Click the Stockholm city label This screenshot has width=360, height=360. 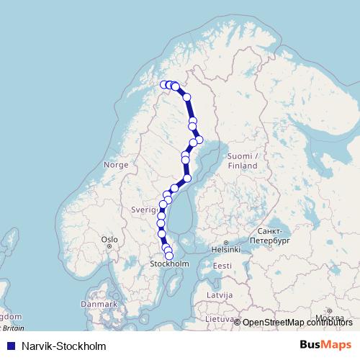point(169,264)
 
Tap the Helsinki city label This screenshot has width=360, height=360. point(225,251)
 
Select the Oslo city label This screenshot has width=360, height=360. point(109,239)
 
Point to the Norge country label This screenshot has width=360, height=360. point(116,164)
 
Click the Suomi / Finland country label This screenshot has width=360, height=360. point(242,161)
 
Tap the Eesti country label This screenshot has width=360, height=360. point(222,266)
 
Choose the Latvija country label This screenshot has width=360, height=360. point(220,295)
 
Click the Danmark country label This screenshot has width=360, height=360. point(99,304)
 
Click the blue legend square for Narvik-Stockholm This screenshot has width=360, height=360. point(9,346)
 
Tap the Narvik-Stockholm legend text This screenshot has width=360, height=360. point(64,346)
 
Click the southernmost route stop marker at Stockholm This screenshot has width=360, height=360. point(169,256)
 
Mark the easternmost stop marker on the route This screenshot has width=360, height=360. point(199,139)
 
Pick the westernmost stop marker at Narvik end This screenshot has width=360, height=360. point(163,85)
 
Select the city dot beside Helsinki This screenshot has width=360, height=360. point(225,243)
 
